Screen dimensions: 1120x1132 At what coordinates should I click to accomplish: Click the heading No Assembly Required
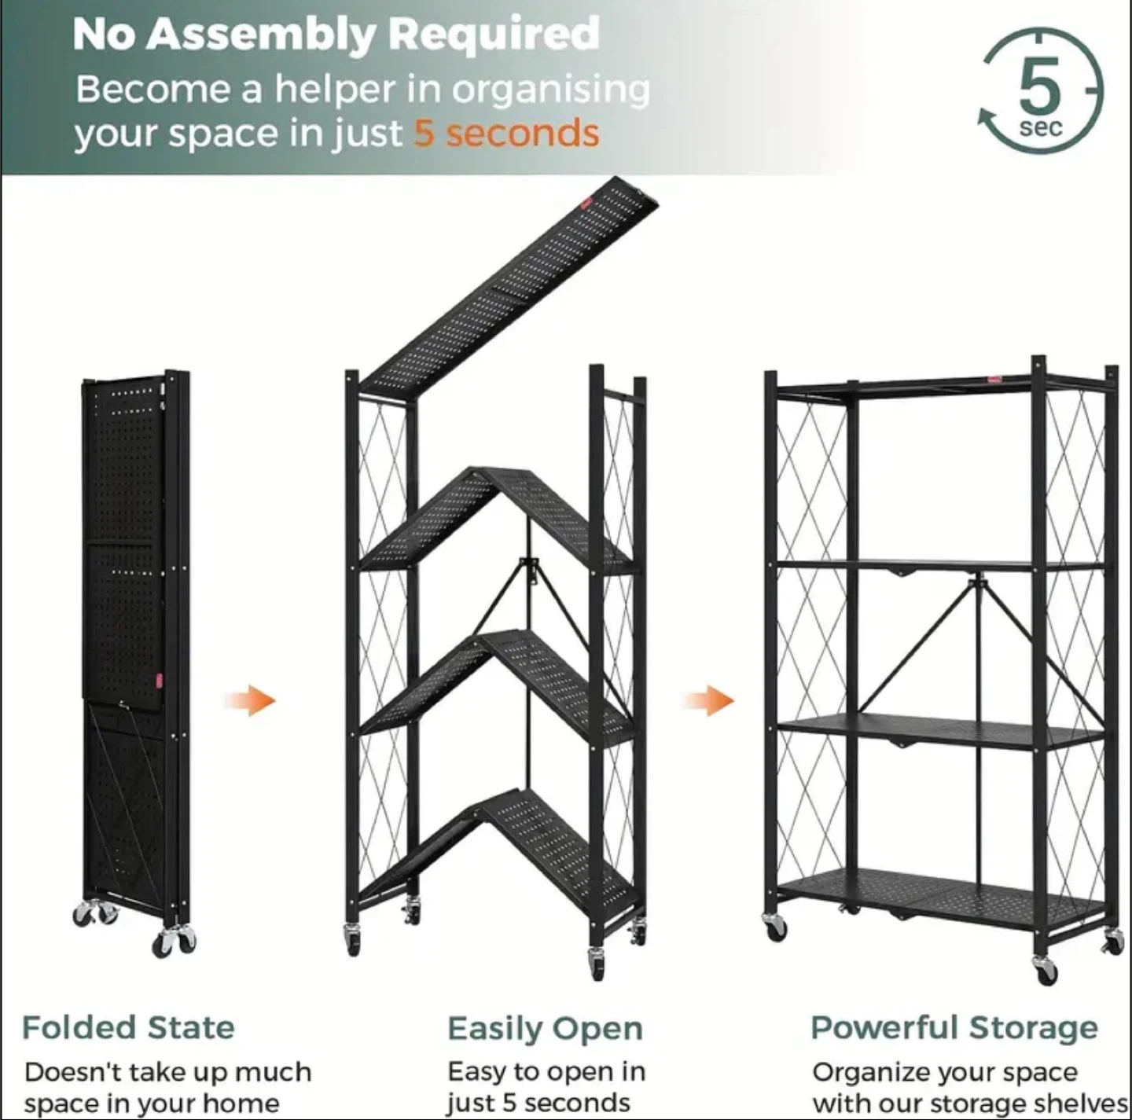tap(336, 35)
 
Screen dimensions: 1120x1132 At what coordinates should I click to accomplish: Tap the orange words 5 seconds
tap(506, 133)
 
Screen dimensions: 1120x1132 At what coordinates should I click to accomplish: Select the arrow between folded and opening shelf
tap(250, 700)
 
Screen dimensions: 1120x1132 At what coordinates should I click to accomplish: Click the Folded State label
tap(128, 1027)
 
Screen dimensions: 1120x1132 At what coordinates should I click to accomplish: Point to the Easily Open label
tap(545, 1028)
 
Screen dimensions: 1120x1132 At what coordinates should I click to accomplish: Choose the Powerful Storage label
tap(954, 1027)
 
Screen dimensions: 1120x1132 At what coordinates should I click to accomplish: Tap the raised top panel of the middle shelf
tap(511, 283)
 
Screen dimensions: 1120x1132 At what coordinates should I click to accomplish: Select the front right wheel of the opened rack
tap(1046, 971)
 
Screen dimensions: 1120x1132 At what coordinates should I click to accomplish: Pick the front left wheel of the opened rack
tap(775, 927)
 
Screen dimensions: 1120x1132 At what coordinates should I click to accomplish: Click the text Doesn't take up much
tap(167, 1071)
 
